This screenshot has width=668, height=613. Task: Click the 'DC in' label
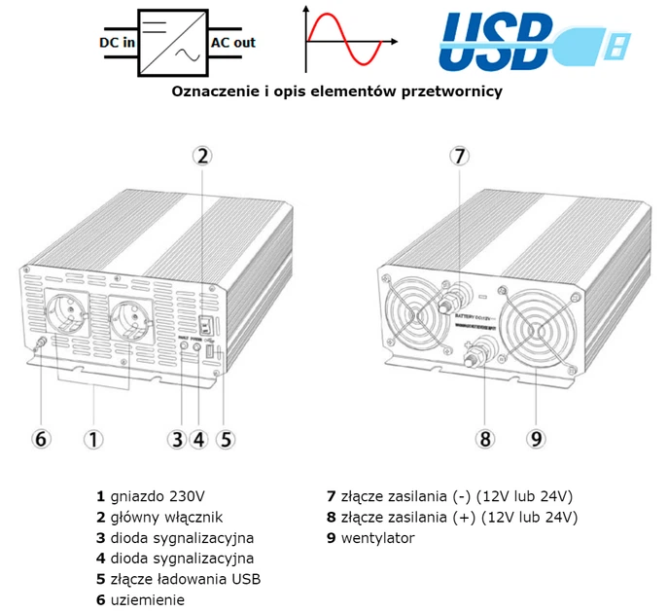(116, 43)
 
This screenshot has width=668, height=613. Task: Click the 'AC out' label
(233, 43)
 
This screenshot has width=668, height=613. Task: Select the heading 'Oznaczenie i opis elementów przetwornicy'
(336, 91)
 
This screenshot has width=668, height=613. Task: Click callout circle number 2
(201, 155)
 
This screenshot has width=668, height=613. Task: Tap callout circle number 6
(41, 438)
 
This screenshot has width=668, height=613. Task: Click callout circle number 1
(93, 438)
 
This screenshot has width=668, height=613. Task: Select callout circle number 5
(226, 438)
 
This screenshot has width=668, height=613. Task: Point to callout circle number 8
(486, 438)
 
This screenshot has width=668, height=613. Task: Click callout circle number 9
(536, 438)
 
